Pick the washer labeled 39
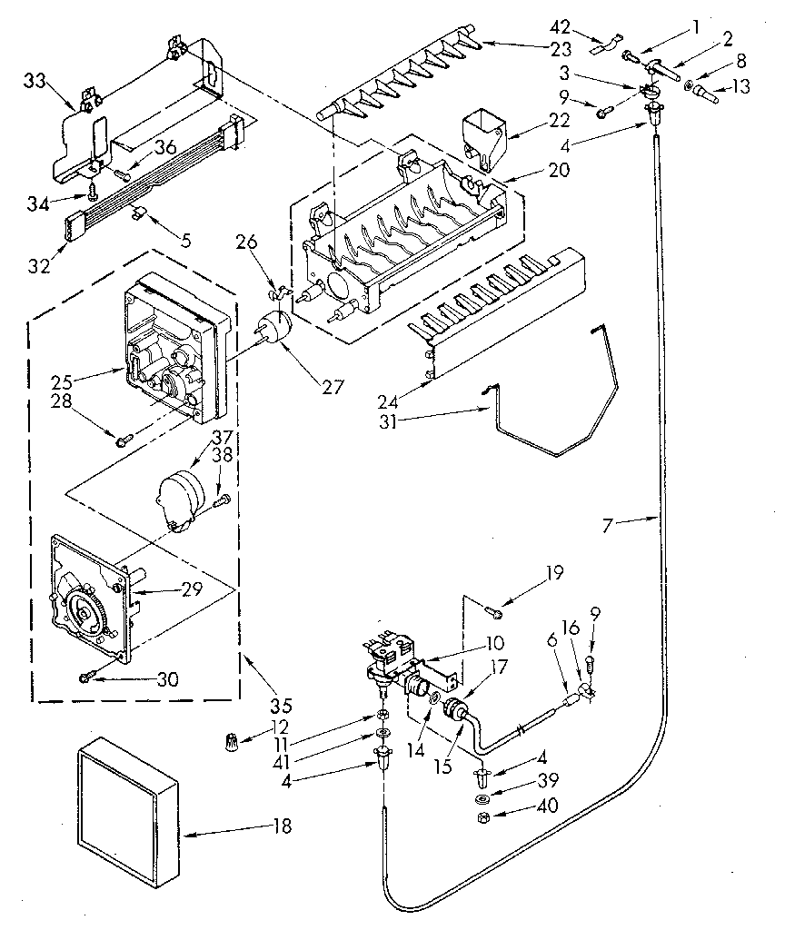pos(482,799)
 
